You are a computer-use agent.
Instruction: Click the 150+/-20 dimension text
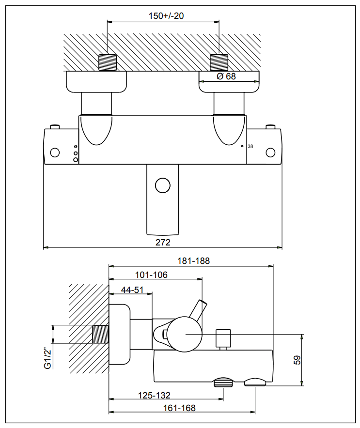tap(166, 15)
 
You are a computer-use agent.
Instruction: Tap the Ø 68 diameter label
tap(227, 76)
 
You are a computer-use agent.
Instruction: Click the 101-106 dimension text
tap(151, 275)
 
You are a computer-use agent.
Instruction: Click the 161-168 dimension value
tap(179, 408)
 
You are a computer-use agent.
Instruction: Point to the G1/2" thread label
tap(47, 359)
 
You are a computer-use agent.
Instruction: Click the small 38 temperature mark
tap(250, 146)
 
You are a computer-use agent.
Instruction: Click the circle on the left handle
tap(55, 153)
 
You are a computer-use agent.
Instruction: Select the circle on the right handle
tap(270, 153)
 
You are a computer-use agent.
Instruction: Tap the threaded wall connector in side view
tap(101, 335)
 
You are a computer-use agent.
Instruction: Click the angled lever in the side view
tap(200, 308)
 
